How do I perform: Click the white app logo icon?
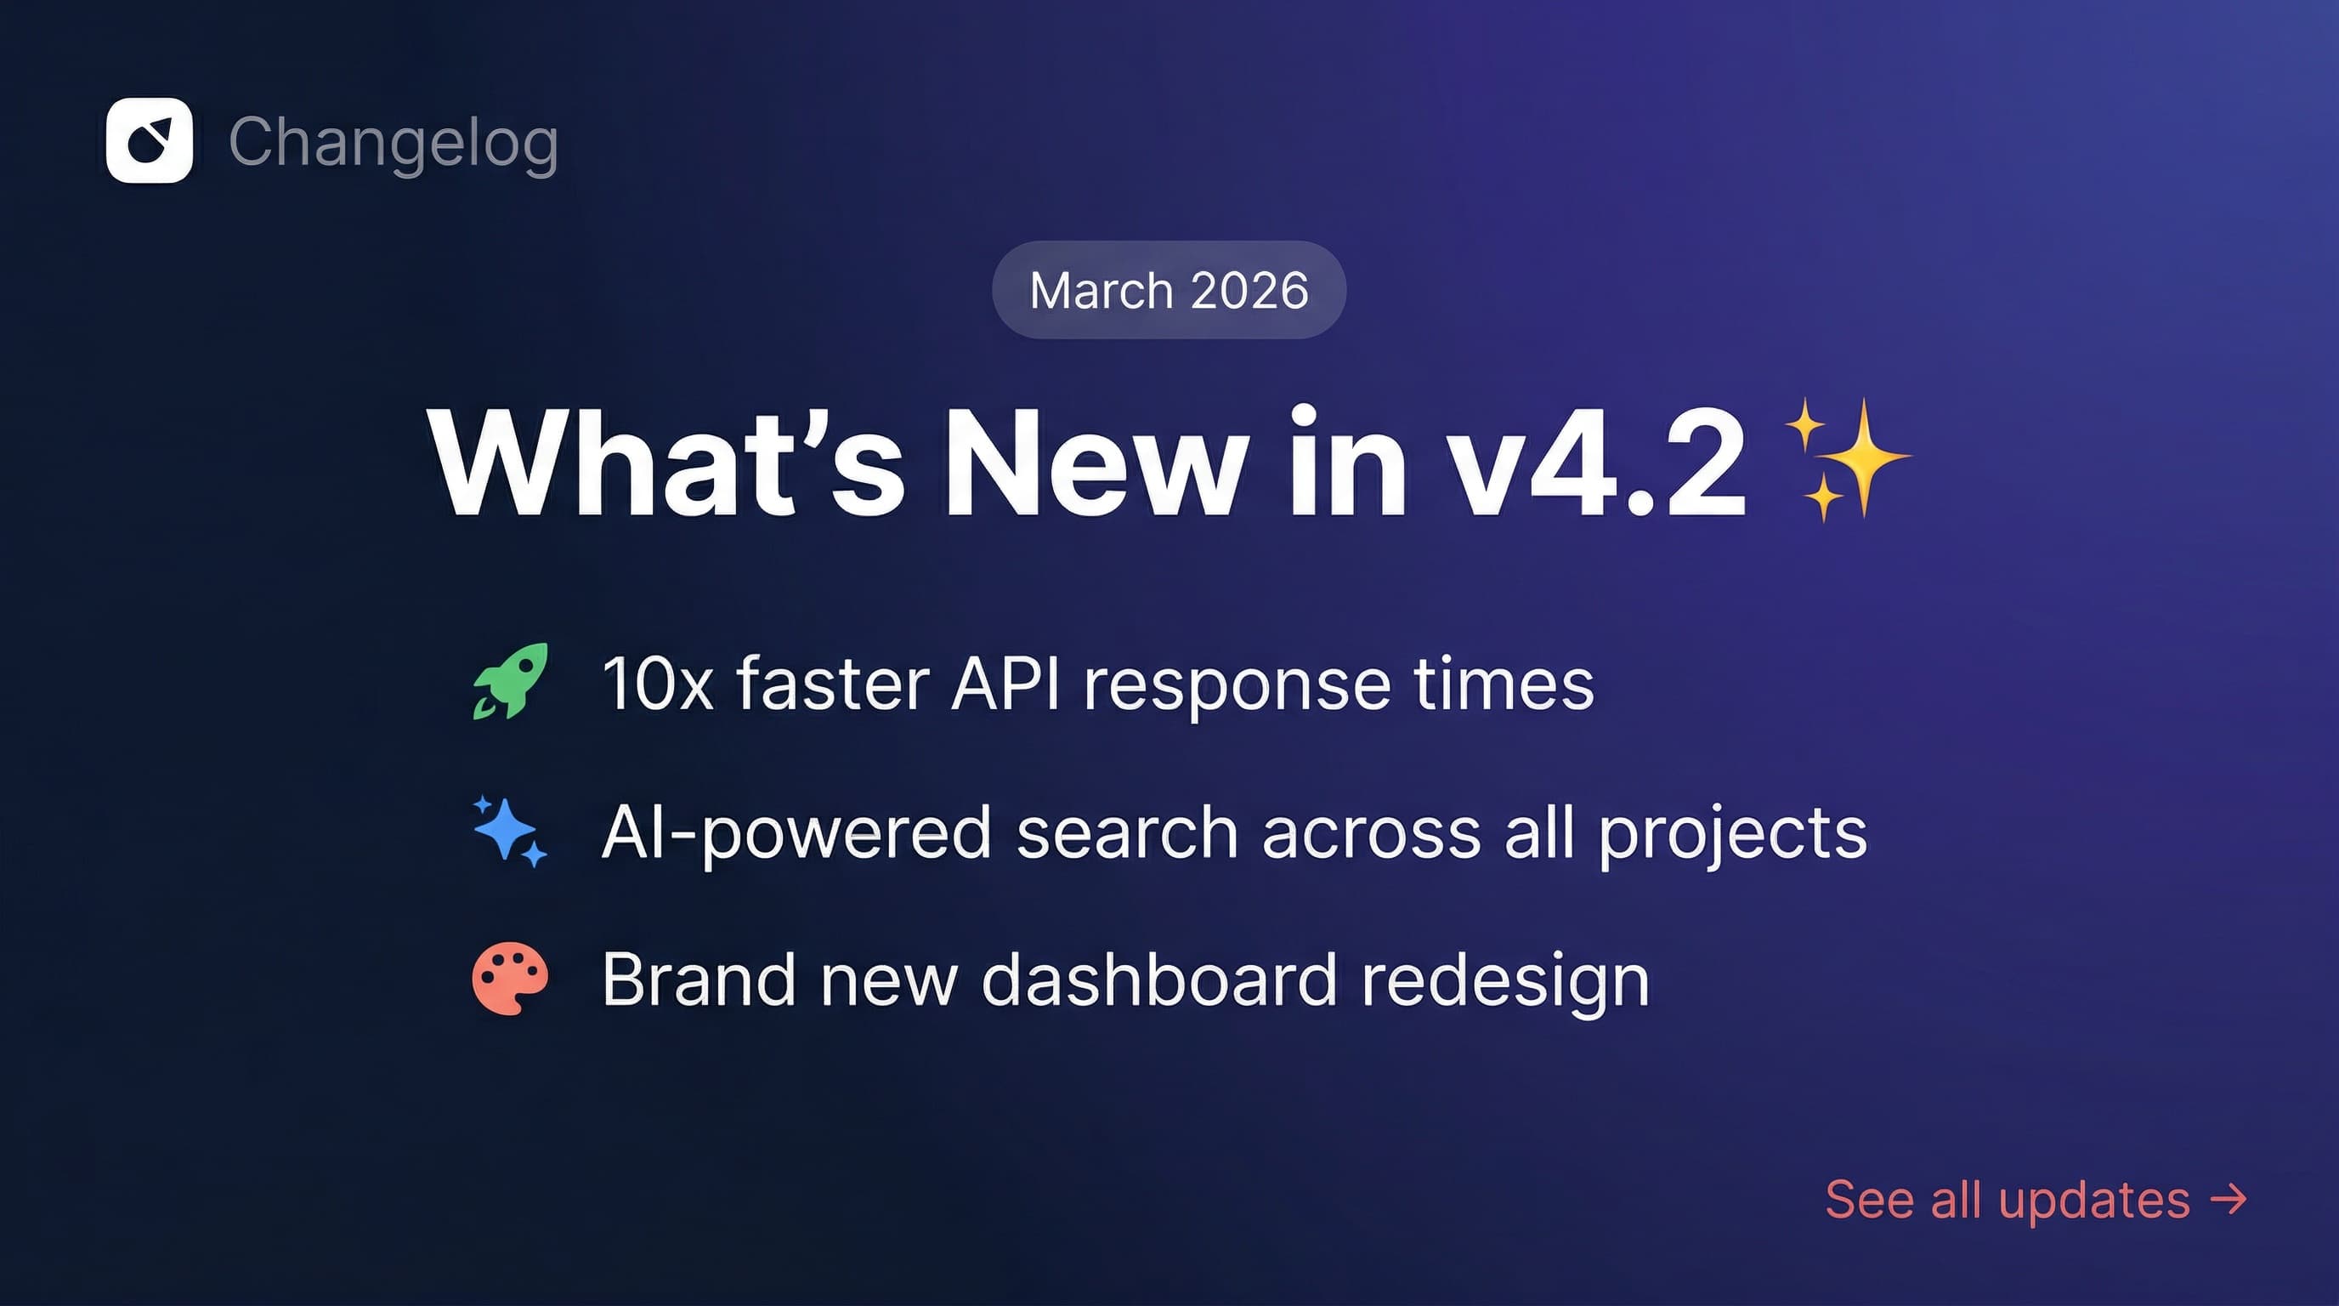click(149, 141)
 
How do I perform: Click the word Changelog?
click(394, 143)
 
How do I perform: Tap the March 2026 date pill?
click(1169, 291)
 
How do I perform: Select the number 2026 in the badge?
click(1249, 291)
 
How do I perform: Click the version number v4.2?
click(1594, 463)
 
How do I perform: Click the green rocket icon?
click(510, 681)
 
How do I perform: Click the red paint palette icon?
click(510, 978)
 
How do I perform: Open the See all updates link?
click(2008, 1200)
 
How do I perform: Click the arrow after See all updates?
click(2229, 1199)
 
